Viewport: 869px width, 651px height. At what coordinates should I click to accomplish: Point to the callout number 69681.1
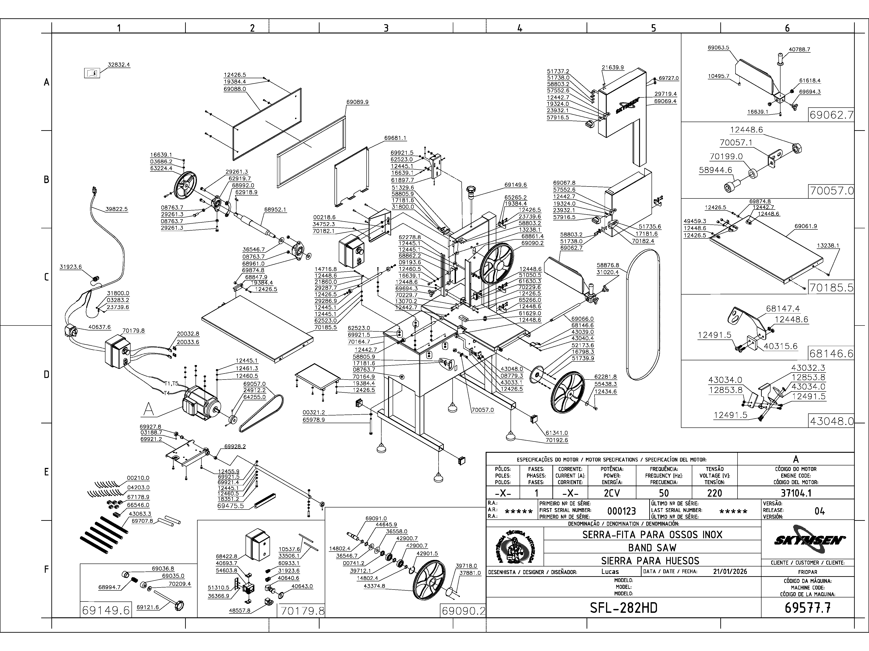point(395,138)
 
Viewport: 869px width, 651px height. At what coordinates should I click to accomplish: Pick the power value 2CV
point(612,493)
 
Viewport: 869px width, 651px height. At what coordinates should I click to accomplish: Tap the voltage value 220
point(714,493)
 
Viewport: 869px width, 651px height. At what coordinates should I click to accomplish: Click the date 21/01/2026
point(730,571)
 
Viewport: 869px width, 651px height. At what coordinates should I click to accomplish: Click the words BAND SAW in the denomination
point(652,547)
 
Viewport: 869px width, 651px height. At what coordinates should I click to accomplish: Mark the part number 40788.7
point(800,50)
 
